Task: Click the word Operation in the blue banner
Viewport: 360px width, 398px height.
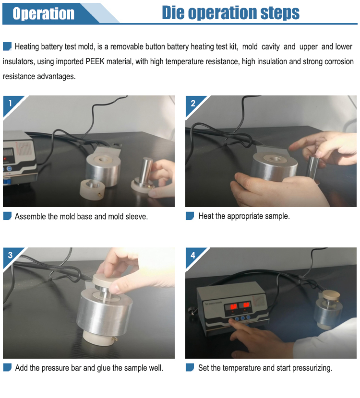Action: [x=44, y=13]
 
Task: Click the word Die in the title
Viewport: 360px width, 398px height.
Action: [x=173, y=12]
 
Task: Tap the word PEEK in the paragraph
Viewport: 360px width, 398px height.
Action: [x=95, y=61]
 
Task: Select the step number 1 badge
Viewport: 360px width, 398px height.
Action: [x=11, y=103]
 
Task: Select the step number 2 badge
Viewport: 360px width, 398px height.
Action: [x=193, y=103]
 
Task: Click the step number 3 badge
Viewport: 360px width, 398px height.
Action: [x=11, y=255]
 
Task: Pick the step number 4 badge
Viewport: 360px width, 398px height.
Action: [x=193, y=255]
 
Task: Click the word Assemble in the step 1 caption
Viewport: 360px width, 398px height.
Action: [x=30, y=216]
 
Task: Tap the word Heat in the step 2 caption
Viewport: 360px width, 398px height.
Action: [x=206, y=216]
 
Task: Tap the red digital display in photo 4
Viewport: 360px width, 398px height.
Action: [x=238, y=306]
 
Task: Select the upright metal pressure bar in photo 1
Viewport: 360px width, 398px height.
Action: [x=146, y=170]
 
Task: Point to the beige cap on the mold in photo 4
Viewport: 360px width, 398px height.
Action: [x=331, y=296]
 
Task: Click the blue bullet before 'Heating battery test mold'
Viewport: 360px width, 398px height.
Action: [x=7, y=47]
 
